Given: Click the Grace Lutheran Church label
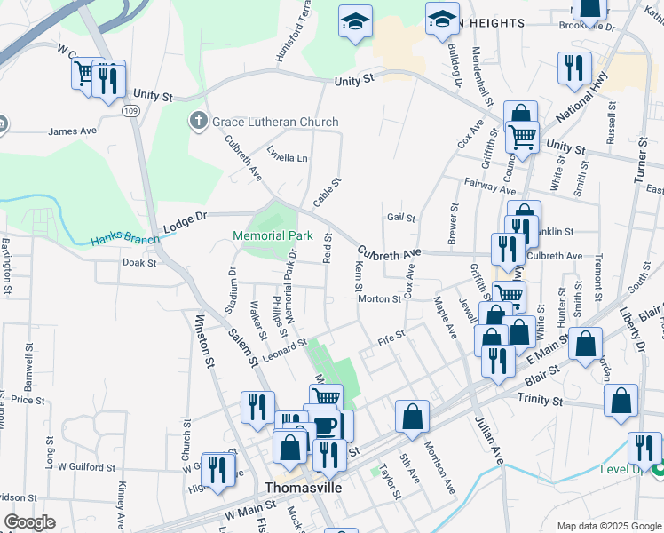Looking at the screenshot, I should [x=274, y=122].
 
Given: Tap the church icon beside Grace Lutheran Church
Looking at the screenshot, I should [x=198, y=120].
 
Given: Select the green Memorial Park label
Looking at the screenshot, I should [x=273, y=236].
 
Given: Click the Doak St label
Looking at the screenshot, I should [x=138, y=263].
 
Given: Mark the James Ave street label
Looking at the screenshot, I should [x=72, y=131].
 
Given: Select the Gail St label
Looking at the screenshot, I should [x=401, y=218].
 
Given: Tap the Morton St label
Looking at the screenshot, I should [x=379, y=299].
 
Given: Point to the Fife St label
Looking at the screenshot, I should [x=391, y=336].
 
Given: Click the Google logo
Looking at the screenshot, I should [x=28, y=522].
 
